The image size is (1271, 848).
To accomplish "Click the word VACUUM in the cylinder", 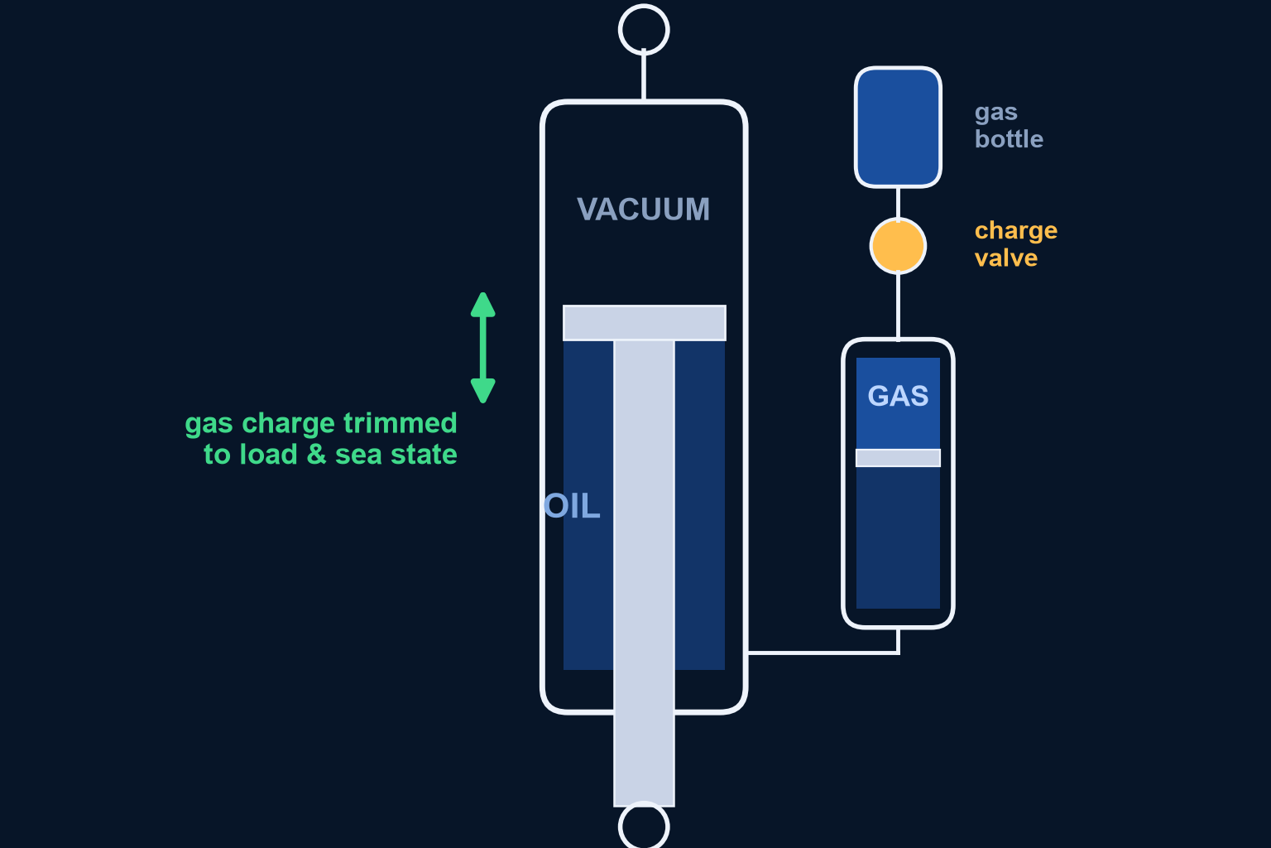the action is click(644, 209).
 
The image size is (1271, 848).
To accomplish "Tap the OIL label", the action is click(572, 506).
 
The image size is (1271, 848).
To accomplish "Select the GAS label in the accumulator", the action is click(898, 396).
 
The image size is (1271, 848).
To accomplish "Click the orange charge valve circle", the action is click(898, 247).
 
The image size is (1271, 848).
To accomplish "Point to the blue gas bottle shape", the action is click(898, 128).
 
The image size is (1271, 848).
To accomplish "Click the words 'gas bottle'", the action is click(1009, 126).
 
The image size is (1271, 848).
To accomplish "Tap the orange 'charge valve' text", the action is click(1015, 245).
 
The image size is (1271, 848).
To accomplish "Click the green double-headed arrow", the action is click(483, 348).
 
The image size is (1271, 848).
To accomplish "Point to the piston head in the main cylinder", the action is click(644, 323).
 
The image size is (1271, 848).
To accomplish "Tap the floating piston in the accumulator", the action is click(898, 458).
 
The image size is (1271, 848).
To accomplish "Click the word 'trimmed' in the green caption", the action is click(400, 423).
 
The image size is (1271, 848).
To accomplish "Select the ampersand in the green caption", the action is click(317, 455).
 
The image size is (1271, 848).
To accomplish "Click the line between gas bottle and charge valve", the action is click(898, 204).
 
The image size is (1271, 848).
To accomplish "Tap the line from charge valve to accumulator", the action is click(898, 306).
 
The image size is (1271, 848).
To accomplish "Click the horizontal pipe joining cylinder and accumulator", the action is click(823, 653).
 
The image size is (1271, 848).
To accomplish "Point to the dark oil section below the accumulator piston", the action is click(898, 537).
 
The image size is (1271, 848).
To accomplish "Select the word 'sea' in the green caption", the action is click(358, 455).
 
